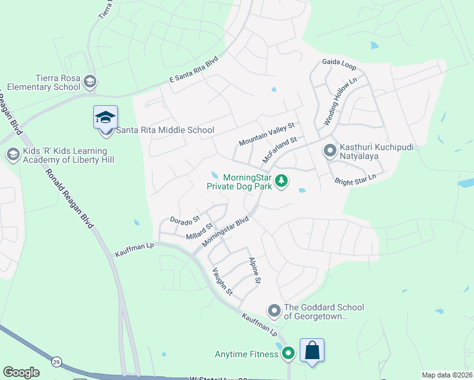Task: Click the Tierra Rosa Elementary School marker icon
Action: (x=90, y=81)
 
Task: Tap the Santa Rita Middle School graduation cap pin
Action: (x=105, y=118)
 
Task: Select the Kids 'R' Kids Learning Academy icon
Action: (x=13, y=154)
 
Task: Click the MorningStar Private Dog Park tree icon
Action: (x=282, y=181)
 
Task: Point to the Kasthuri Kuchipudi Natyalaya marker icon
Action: (x=330, y=151)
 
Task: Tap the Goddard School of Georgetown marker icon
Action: (x=274, y=311)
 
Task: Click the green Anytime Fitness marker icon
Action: (x=289, y=354)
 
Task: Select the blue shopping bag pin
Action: (x=312, y=350)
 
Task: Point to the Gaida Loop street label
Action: (x=339, y=64)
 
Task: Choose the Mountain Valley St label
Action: (x=267, y=134)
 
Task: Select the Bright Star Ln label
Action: (x=359, y=179)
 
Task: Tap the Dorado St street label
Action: (x=184, y=219)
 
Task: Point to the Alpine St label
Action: (x=255, y=270)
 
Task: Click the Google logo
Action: (x=21, y=372)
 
